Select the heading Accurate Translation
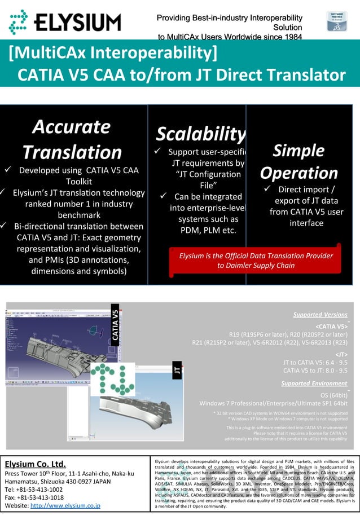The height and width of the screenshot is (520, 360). pyautogui.click(x=72, y=139)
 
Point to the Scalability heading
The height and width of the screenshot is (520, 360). pyautogui.click(x=200, y=134)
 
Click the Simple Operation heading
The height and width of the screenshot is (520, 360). pyautogui.click(x=298, y=161)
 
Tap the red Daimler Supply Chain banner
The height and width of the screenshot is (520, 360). pyautogui.click(x=256, y=260)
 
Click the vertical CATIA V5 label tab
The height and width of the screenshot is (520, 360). pyautogui.click(x=115, y=324)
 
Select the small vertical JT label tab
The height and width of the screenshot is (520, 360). pyautogui.click(x=177, y=371)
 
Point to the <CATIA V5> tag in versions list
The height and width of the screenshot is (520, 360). pyautogui.click(x=331, y=326)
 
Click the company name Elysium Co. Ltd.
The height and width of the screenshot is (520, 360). pyautogui.click(x=36, y=464)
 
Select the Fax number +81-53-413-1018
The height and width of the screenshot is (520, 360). pyautogui.click(x=34, y=497)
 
